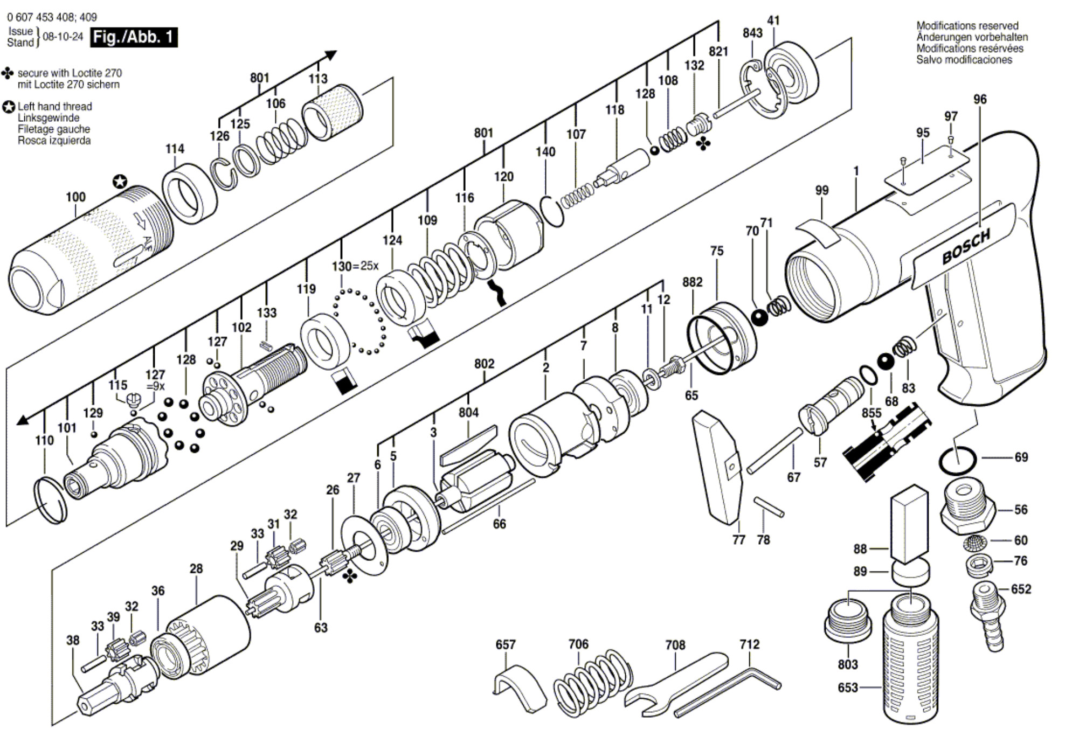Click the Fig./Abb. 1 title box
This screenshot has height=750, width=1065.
click(134, 37)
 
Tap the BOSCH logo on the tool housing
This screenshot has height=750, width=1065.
click(966, 247)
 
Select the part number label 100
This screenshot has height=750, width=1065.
click(75, 197)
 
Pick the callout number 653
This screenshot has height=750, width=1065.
click(847, 688)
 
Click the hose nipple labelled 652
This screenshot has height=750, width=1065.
click(987, 616)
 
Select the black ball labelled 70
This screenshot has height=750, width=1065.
click(759, 317)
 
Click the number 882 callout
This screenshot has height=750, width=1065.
click(692, 282)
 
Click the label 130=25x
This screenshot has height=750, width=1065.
click(355, 266)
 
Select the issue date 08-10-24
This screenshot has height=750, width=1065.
click(63, 37)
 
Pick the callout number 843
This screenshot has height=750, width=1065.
click(752, 33)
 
